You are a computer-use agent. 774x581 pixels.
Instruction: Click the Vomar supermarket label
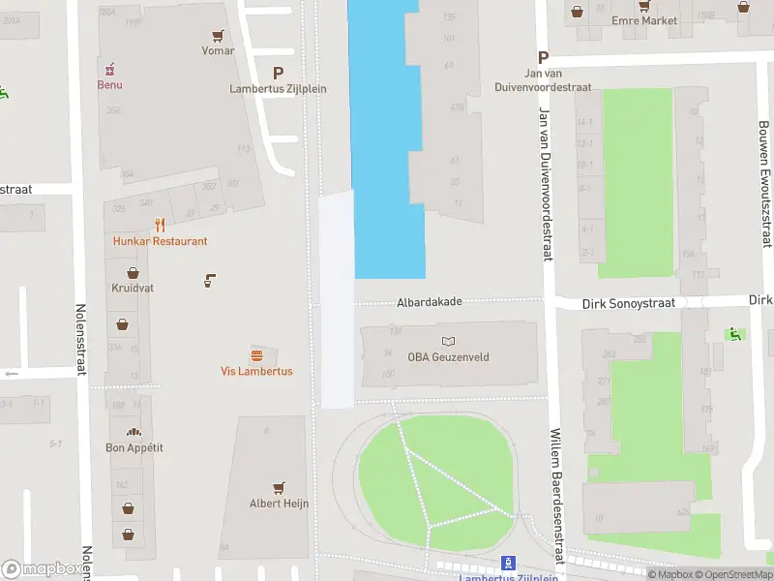219,50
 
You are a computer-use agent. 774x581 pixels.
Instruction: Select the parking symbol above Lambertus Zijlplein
279,73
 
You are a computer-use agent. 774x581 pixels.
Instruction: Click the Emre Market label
644,20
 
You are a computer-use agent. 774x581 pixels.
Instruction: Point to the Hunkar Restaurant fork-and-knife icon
161,225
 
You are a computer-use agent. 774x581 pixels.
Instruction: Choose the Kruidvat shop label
133,289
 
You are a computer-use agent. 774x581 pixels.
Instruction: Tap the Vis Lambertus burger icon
256,354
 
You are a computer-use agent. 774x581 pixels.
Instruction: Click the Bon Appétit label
134,447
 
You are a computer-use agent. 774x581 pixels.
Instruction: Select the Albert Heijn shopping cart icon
279,487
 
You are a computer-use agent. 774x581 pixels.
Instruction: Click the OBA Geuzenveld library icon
448,341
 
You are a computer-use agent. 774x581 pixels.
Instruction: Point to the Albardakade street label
429,302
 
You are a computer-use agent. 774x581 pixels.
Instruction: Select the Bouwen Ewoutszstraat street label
764,184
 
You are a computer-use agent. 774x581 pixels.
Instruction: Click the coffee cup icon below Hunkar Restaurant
209,281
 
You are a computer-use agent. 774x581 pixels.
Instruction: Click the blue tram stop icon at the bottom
507,563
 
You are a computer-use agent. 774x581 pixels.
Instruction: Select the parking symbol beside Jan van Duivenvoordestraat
543,57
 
